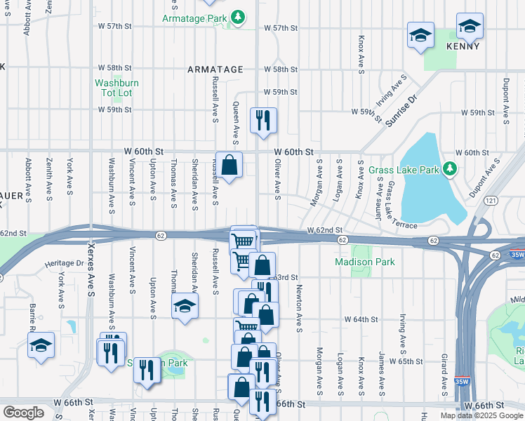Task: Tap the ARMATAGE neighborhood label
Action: click(x=215, y=69)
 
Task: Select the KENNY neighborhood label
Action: click(x=463, y=46)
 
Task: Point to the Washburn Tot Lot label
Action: click(x=117, y=88)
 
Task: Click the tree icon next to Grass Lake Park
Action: click(x=451, y=169)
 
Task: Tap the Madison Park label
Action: click(x=364, y=262)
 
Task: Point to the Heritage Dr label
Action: click(x=65, y=263)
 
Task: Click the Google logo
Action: click(x=24, y=412)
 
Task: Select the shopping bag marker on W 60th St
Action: click(x=229, y=166)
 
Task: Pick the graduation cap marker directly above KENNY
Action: click(x=469, y=26)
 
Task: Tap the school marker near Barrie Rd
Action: click(x=41, y=345)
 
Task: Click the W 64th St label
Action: click(x=361, y=319)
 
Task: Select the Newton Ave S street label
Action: click(x=299, y=309)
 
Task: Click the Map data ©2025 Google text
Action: click(x=481, y=415)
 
